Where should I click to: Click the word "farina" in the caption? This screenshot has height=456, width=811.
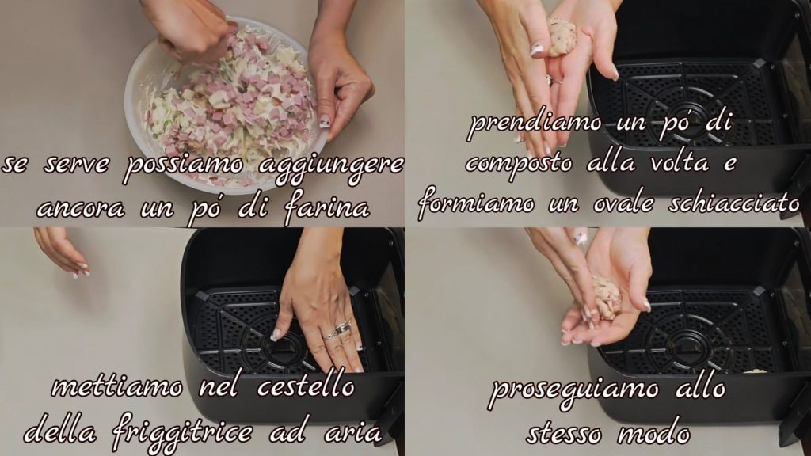(x=327, y=209)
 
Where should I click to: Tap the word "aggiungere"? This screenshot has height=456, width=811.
(x=331, y=165)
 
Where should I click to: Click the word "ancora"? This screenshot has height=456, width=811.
(x=81, y=209)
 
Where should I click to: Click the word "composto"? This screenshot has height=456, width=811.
(x=520, y=165)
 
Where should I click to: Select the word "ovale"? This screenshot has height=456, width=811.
(x=626, y=203)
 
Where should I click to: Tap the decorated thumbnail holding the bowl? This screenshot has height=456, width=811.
(x=325, y=122)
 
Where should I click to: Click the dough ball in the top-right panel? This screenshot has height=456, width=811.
(x=562, y=36)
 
